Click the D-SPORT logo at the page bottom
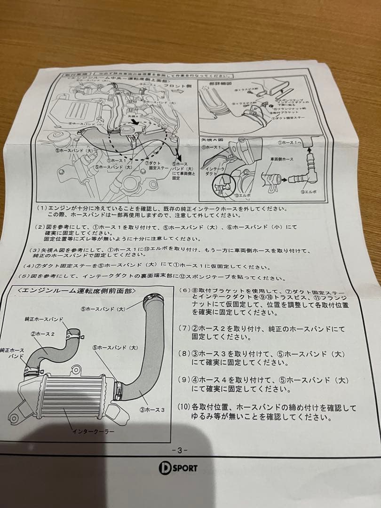[x=178, y=468]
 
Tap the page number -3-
[x=180, y=450]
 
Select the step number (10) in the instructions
[x=184, y=407]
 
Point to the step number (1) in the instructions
[x=42, y=207]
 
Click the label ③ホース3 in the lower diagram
[x=152, y=409]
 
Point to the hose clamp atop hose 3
[x=154, y=298]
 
